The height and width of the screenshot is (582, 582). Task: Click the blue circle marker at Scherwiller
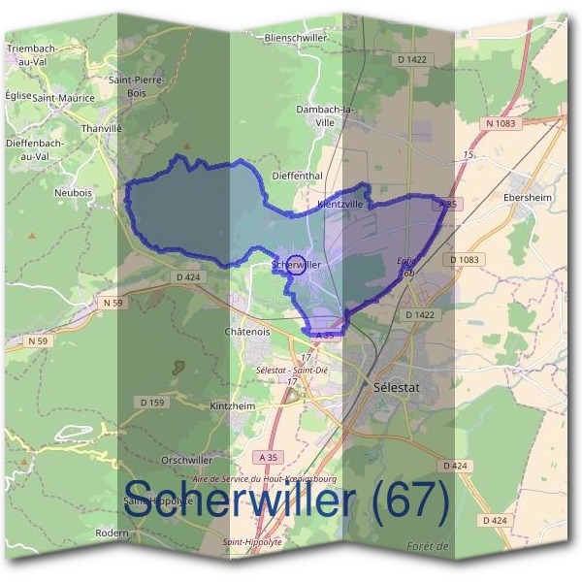click(298, 265)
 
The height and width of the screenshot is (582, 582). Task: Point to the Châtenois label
click(247, 332)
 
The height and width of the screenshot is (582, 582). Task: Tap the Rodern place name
click(113, 533)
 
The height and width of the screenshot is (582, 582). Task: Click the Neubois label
click(74, 193)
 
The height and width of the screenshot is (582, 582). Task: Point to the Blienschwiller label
click(295, 37)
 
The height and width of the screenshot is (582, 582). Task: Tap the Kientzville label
click(340, 205)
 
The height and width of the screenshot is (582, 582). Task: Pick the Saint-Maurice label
click(63, 98)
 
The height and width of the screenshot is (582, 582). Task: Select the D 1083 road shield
click(466, 260)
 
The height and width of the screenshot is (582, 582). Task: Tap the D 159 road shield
click(151, 402)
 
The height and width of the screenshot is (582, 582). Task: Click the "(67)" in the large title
click(409, 501)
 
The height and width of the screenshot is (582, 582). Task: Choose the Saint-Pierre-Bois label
click(135, 86)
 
